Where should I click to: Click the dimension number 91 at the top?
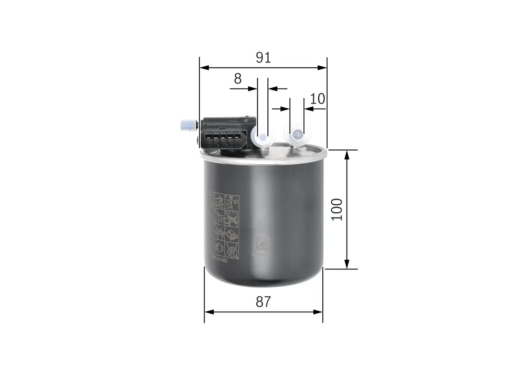[263, 58]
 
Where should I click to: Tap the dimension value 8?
[238, 79]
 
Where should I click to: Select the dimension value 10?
[317, 99]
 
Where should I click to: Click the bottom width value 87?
[263, 302]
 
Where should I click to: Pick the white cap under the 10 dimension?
[297, 134]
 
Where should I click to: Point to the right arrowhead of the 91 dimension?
[322, 68]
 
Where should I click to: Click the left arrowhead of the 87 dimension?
[209, 312]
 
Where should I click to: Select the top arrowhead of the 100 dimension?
[347, 155]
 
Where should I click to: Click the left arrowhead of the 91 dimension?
[204, 68]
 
